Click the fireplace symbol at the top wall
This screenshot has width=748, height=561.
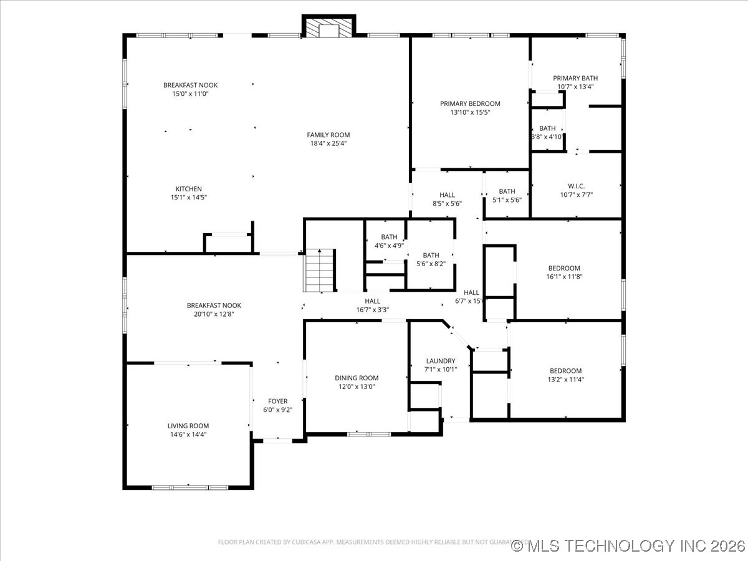coord(328,27)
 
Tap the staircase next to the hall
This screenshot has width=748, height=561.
coord(320,270)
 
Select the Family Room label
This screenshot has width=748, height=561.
coord(328,135)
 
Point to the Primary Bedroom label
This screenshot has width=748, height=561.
coord(470,103)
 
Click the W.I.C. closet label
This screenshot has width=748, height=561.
coord(575,185)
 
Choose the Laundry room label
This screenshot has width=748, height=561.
coord(441,361)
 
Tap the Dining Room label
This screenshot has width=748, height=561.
coord(357,378)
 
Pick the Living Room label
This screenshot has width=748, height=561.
coord(188,426)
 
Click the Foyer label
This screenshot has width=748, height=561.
coord(278,401)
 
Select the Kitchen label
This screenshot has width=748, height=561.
coord(188,189)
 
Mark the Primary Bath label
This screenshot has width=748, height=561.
coord(575,78)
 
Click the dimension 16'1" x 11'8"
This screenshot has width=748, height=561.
coord(565,277)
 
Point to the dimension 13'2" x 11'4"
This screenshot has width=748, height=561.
coord(565,379)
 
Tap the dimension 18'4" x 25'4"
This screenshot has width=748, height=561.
coord(328,143)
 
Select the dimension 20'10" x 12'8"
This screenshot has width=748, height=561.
coord(214,314)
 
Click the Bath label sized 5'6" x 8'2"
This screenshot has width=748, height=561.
coord(431,255)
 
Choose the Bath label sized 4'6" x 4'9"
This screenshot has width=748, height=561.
coord(389,237)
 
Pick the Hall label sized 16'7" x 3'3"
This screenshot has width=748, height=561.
coord(372,301)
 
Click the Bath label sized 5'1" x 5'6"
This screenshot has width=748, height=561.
coord(507,191)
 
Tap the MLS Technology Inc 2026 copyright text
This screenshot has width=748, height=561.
coord(628,546)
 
